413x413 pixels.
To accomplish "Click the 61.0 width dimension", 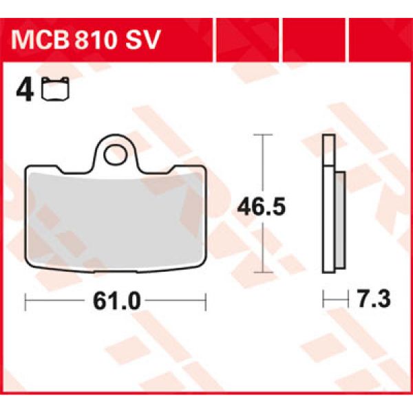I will tap(115, 300).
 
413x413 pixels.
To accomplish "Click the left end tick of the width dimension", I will tap(25, 300).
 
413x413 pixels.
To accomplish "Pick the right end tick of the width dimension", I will tap(205, 300).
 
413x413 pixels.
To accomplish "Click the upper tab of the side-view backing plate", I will tap(328, 151).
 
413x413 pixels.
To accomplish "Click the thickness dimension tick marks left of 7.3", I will tap(333, 300).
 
